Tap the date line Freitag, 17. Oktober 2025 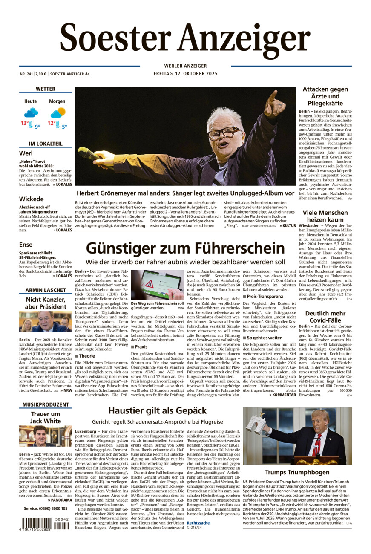click(185, 74)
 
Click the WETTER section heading click(46, 89)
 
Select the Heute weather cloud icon click(31, 113)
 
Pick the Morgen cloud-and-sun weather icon click(58, 113)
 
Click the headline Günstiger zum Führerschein click(185, 248)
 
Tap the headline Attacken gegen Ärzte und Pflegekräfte click(325, 96)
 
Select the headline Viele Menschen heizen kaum click(325, 216)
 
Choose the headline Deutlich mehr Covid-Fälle click(325, 317)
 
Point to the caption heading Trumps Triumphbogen click(297, 472)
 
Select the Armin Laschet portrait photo click(45, 322)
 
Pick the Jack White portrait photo click(45, 436)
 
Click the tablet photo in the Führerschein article click(157, 285)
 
